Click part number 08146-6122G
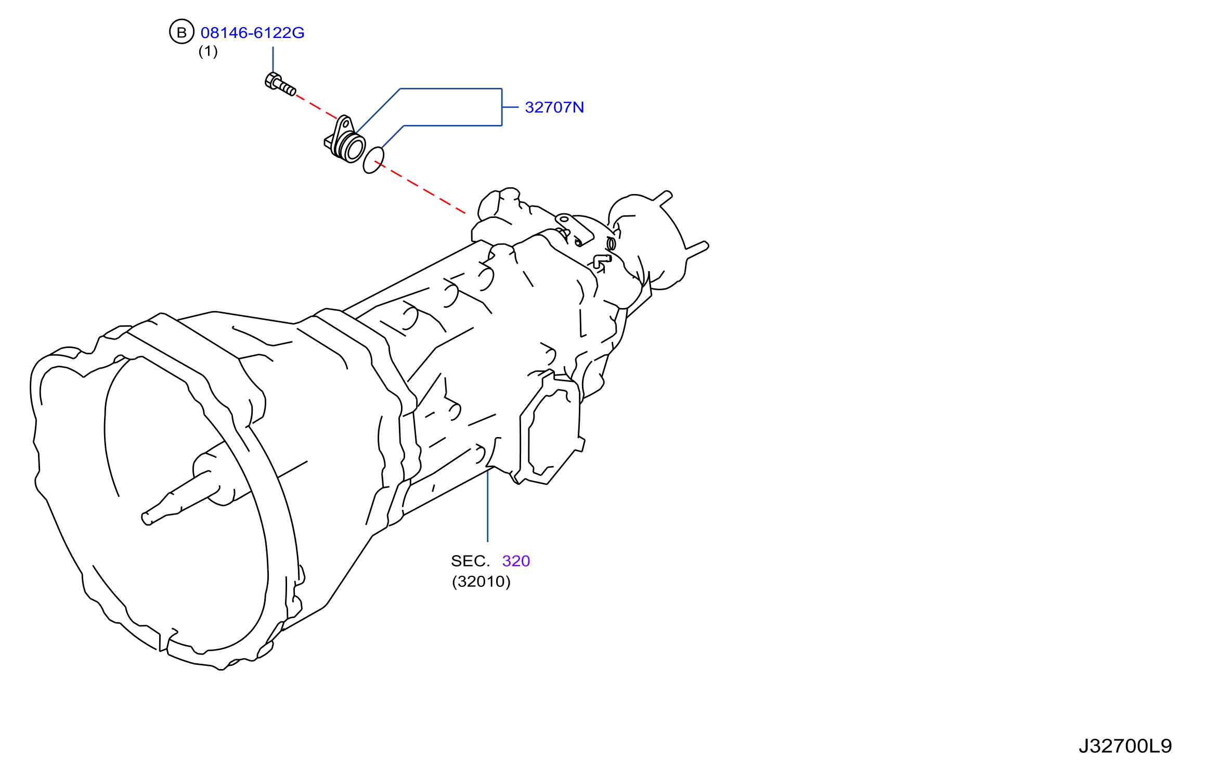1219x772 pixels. coord(252,33)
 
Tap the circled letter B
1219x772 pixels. coord(181,32)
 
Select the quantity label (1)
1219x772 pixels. coord(208,51)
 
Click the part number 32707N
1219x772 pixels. coord(554,107)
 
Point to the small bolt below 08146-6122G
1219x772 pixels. coord(280,84)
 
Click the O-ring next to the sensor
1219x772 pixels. coord(373,160)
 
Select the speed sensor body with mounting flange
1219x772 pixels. coord(344,139)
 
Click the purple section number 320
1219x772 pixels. coord(516,561)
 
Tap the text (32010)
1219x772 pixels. coord(481,582)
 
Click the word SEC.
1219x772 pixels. coord(470,561)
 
